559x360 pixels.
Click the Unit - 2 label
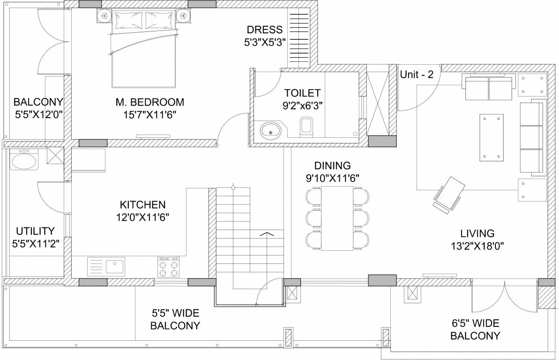(417, 74)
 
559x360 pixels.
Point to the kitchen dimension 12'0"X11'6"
(142, 217)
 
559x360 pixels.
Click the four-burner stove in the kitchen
(169, 267)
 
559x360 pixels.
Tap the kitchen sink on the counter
(114, 267)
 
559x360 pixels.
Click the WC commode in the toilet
(306, 126)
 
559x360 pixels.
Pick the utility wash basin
(24, 161)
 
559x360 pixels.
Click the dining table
(336, 217)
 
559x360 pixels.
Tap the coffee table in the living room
(491, 137)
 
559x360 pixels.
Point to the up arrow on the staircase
(266, 234)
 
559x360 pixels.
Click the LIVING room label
(477, 233)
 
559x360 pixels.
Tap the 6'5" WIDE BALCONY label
(475, 329)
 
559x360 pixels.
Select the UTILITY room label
(35, 231)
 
